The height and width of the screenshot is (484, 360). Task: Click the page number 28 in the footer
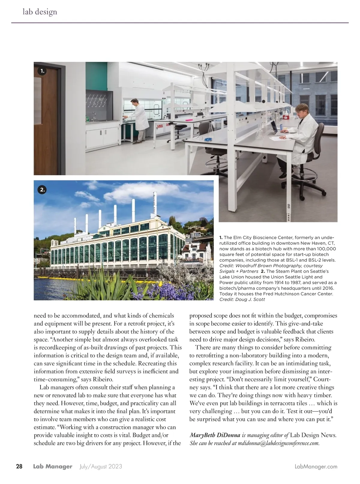click(19, 467)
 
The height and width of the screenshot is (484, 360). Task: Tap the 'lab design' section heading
click(40, 12)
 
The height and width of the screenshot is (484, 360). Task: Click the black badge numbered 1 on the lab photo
click(42, 71)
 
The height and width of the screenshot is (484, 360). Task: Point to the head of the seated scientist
click(300, 110)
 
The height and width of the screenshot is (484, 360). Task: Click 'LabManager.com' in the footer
click(316, 467)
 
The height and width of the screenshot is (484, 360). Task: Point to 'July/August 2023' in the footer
click(100, 467)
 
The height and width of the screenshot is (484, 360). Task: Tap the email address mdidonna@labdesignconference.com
click(278, 443)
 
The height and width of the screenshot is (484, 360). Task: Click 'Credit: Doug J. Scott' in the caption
click(242, 299)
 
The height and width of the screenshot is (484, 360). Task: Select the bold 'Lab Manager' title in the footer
click(53, 467)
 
